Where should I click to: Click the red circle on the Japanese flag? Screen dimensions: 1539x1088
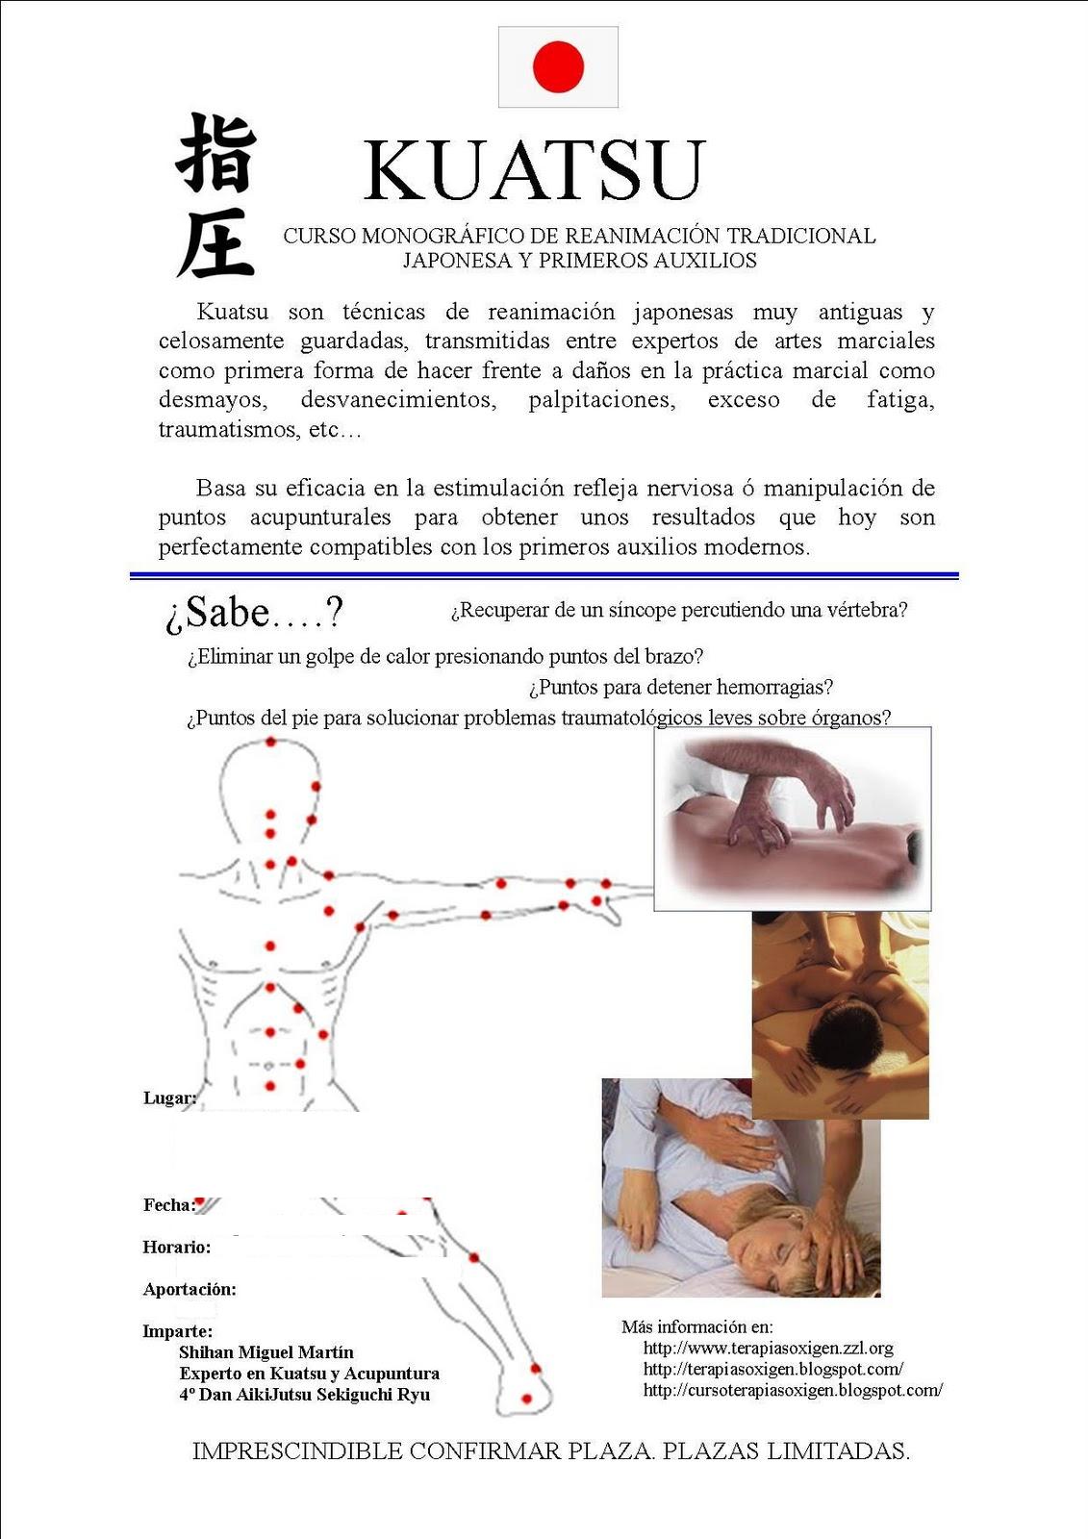(x=558, y=66)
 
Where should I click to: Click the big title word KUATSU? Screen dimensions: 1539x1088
(x=535, y=171)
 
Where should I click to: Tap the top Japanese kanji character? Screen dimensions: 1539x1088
(x=215, y=154)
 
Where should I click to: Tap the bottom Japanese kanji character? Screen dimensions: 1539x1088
(x=215, y=242)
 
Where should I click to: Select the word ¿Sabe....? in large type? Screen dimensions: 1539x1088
(x=254, y=613)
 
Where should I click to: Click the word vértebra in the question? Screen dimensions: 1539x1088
(x=872, y=610)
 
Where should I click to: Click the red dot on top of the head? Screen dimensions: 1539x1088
(x=271, y=742)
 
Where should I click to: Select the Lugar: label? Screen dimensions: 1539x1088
(x=169, y=1097)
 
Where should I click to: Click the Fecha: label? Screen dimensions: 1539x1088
(x=168, y=1205)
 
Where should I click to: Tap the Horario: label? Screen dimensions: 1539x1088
(x=176, y=1248)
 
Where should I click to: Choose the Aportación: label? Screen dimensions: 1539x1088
(x=190, y=1290)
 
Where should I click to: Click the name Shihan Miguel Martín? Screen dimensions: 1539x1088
(x=266, y=1352)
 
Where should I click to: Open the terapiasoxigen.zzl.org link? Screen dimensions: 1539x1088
(x=768, y=1349)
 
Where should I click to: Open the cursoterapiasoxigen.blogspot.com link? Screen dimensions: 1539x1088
(x=793, y=1390)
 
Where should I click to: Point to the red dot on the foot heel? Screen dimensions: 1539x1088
(x=526, y=1399)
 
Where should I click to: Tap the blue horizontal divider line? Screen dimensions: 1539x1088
(x=544, y=575)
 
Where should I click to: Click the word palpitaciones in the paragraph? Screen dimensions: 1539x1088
(x=601, y=400)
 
